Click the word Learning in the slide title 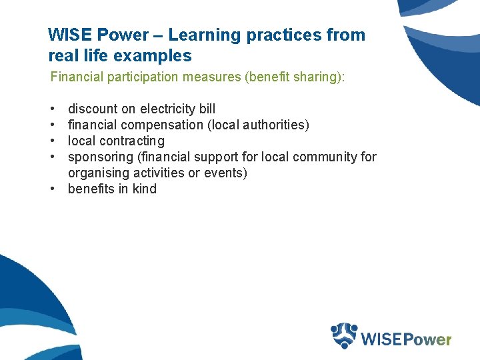tap(201, 35)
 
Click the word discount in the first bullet tap(93, 109)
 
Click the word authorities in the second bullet tap(275, 125)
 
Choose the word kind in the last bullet tap(144, 189)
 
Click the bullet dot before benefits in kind tap(53, 189)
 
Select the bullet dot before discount tap(53, 109)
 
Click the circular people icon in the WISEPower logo tap(345, 335)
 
